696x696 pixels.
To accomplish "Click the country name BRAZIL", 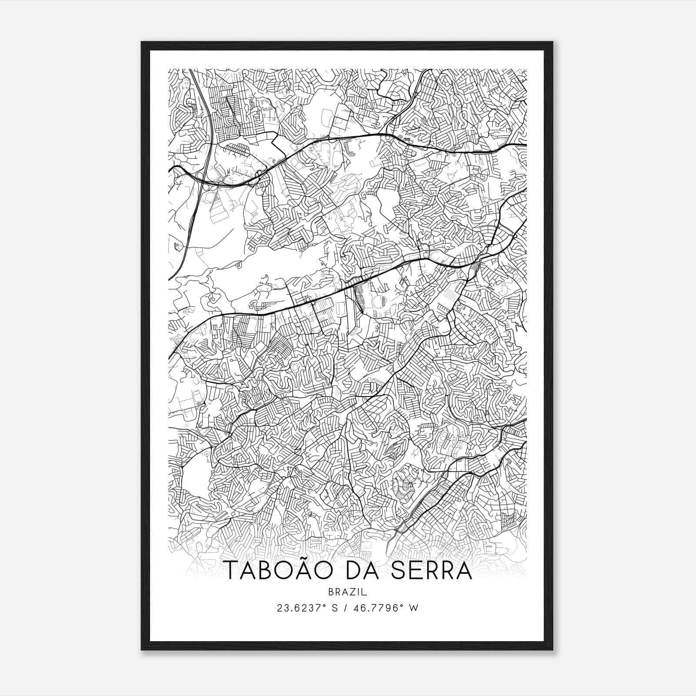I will point(348,592).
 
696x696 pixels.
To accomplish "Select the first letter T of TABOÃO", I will point(231,571).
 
